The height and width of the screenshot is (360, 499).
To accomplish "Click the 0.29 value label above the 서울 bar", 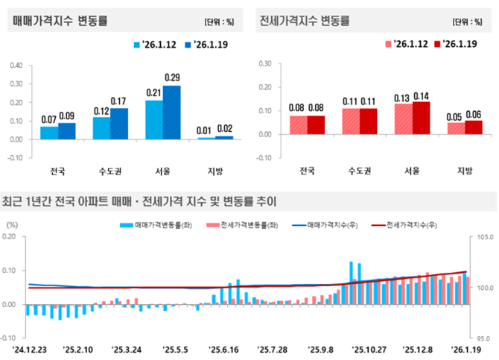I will (x=172, y=78).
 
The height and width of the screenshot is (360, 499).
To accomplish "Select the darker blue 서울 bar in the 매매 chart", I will (x=172, y=112).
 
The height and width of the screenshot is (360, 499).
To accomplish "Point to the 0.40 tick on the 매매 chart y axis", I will (x=16, y=65).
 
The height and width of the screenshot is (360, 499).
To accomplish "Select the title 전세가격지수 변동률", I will (x=308, y=20).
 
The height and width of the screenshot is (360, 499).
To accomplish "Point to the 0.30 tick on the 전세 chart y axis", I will (x=263, y=64).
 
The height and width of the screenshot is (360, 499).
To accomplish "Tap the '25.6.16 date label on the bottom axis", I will (x=223, y=348).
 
